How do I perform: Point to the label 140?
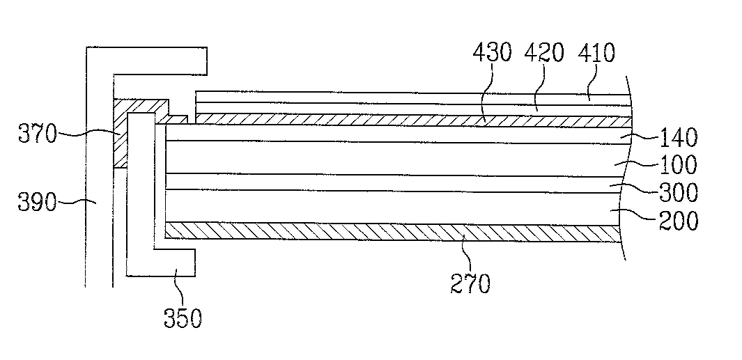(x=679, y=137)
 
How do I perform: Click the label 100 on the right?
(x=679, y=165)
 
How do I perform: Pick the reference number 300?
(x=679, y=192)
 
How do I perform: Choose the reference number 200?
(x=679, y=221)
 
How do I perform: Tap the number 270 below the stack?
(x=471, y=283)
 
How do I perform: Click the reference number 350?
(x=183, y=318)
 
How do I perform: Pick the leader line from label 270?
(x=464, y=254)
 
